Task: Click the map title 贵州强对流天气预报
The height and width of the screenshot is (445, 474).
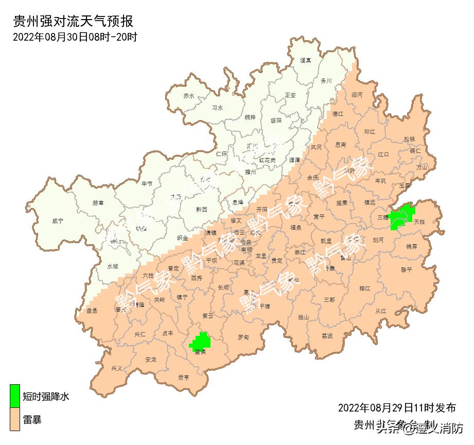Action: pos(73,21)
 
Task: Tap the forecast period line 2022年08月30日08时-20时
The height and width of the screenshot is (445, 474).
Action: pos(74,37)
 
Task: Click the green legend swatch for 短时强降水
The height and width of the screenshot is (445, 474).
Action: pos(15,396)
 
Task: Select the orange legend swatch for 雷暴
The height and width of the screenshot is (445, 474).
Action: pos(15,419)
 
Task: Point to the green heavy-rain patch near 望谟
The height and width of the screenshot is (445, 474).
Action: pos(200,342)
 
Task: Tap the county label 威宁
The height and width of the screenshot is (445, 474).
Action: pos(58,221)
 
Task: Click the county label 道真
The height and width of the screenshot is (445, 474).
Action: pos(305,60)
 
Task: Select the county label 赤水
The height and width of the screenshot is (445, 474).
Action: pos(189,96)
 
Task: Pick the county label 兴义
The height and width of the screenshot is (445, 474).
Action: pos(117,369)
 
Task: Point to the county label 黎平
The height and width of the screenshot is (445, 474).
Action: pos(407,269)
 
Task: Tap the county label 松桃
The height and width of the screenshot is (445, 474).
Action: pos(409,139)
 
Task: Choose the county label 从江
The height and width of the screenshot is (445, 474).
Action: pos(381,311)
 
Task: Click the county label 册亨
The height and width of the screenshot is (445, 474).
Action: pos(184,377)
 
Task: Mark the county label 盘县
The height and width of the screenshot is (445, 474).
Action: pos(92,310)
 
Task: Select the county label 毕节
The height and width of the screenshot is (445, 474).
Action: pos(147,183)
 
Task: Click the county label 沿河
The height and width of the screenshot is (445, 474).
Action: pos(357,95)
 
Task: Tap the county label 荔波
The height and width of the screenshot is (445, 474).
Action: pos(327,335)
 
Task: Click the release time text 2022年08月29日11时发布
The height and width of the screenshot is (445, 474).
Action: pos(396,408)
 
